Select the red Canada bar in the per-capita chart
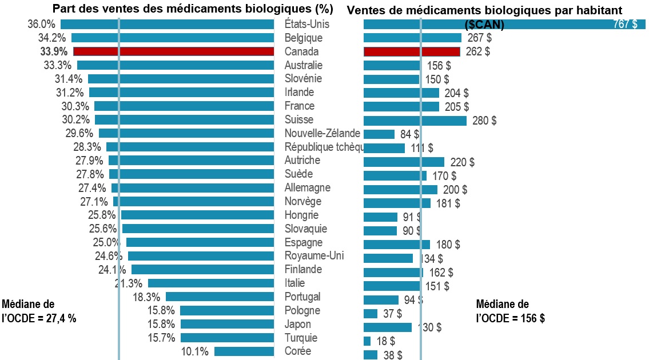[412, 52]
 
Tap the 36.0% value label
[41, 25]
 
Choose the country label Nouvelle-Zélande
[322, 133]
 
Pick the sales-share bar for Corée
[244, 351]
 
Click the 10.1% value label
[194, 351]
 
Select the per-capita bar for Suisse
[415, 121]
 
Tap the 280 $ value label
[484, 121]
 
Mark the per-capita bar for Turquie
[367, 341]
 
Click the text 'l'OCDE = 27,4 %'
[39, 319]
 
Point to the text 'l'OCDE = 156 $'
[510, 319]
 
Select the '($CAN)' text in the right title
[484, 25]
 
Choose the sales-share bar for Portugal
[220, 297]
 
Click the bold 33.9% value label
[54, 51]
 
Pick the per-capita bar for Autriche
[404, 162]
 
